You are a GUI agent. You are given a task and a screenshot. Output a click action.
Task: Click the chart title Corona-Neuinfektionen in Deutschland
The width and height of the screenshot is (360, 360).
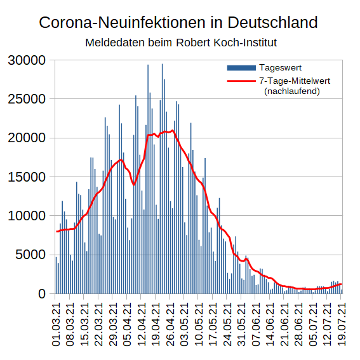(178, 23)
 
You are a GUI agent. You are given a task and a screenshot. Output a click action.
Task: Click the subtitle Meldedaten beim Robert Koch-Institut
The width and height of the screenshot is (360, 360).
(180, 43)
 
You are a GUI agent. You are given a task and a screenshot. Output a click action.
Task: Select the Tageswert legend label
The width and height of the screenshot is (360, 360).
(280, 67)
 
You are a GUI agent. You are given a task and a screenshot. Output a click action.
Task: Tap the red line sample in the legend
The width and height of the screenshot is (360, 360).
(241, 81)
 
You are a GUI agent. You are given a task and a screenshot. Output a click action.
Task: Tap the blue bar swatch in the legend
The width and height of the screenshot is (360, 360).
(241, 67)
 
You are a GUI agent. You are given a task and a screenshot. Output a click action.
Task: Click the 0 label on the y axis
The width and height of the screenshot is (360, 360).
(43, 294)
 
